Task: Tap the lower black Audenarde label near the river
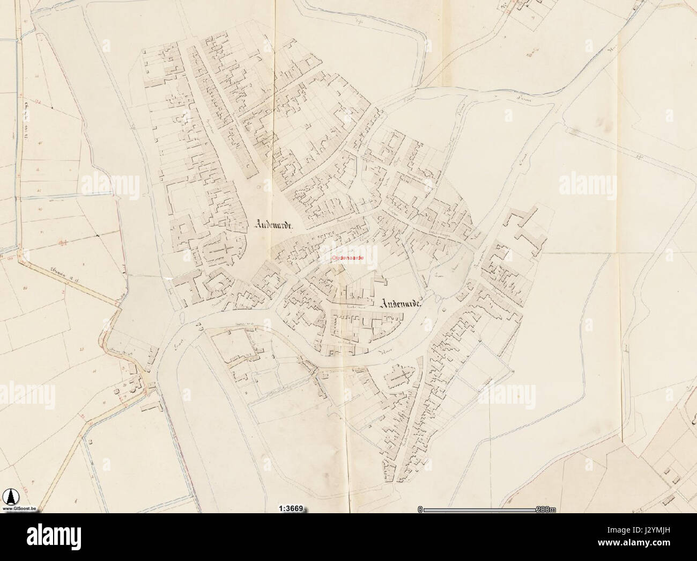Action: (402, 303)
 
